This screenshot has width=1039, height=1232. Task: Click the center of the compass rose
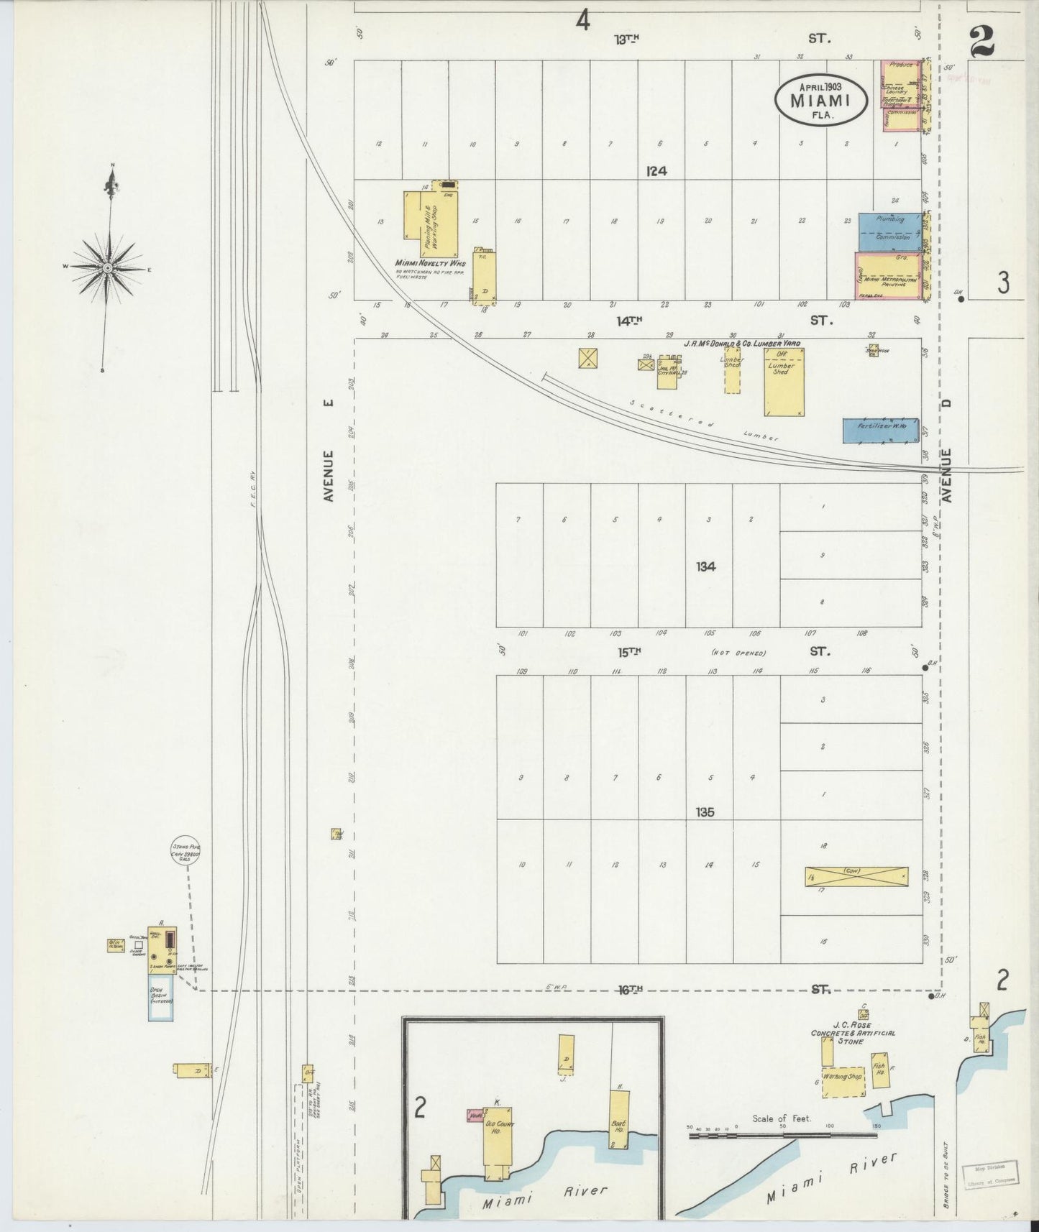[x=107, y=267]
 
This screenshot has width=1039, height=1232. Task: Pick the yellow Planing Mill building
[x=431, y=224]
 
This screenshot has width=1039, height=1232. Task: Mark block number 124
[x=656, y=171]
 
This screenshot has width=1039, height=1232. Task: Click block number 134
[x=705, y=566]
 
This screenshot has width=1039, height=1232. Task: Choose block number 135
[x=705, y=812]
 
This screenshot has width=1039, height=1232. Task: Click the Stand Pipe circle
[x=185, y=851]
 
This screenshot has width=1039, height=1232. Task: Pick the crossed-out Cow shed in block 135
[x=856, y=876]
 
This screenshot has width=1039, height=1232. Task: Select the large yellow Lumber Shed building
[x=784, y=382]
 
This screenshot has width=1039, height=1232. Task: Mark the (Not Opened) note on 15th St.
[x=738, y=653]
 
